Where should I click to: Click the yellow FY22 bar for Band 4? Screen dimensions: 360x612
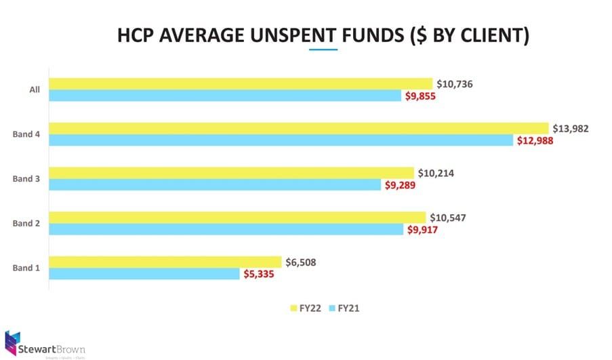coord(298,128)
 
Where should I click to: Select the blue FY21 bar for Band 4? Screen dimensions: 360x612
coord(281,140)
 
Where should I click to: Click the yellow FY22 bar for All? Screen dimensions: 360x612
coord(241,83)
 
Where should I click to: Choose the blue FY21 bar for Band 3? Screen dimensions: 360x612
coord(215,185)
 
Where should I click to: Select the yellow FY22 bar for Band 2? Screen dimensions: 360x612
coord(237,217)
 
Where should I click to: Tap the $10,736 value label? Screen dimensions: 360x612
coord(455,84)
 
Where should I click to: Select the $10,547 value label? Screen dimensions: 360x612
coord(449,218)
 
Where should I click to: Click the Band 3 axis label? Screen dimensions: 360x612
coord(26,179)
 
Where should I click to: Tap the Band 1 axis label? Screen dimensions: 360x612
coord(26,268)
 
